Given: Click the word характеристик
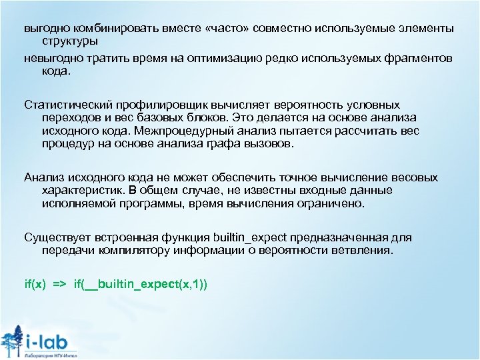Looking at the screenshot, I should [x=85, y=190].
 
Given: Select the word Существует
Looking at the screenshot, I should [x=57, y=237].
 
